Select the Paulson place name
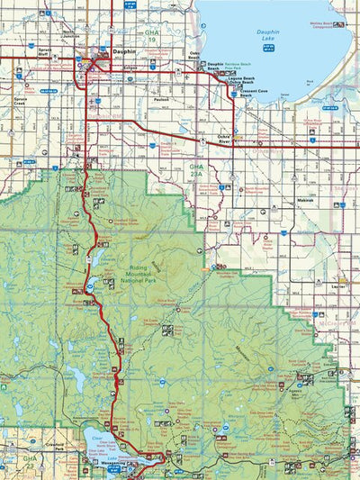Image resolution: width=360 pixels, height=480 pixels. click(162, 99)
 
